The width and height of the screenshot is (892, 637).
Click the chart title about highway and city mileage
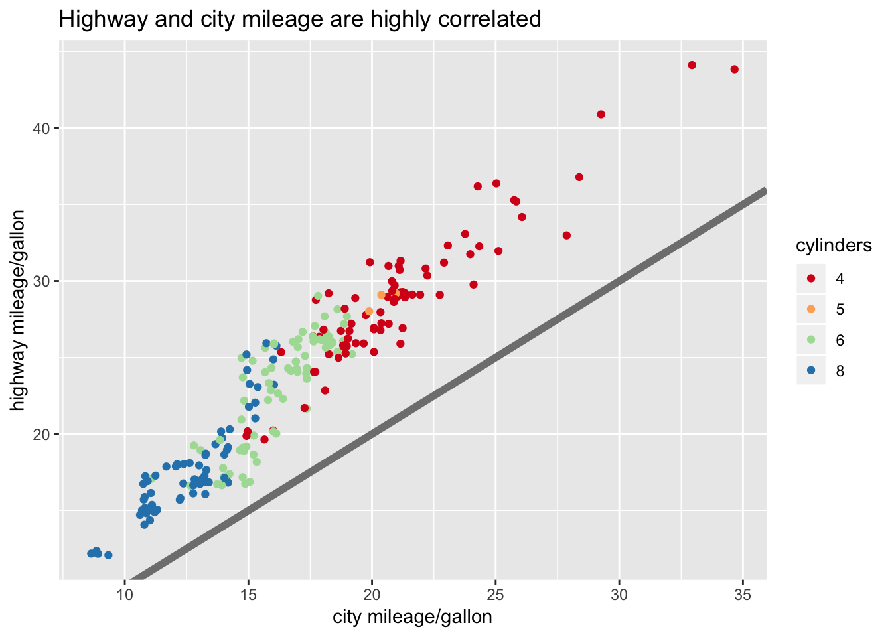click(300, 19)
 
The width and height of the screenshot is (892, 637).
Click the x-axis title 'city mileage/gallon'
click(412, 617)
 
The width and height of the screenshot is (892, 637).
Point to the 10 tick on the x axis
click(125, 593)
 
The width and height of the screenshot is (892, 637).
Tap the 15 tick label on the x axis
click(248, 593)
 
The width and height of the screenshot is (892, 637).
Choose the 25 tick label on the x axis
click(495, 593)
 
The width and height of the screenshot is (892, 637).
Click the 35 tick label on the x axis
click(743, 593)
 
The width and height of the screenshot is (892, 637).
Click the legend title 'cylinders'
click(834, 246)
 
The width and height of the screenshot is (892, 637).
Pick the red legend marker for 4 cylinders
click(811, 279)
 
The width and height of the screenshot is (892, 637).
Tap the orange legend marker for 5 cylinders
click(811, 309)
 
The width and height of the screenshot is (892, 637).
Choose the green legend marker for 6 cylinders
click(811, 340)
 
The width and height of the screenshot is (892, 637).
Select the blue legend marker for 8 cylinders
click(811, 371)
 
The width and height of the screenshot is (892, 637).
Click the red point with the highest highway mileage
click(692, 65)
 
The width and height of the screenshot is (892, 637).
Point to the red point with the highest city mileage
click(734, 70)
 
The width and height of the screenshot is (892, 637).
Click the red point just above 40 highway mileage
click(601, 114)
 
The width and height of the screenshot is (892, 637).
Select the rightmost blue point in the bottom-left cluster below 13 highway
click(108, 555)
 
